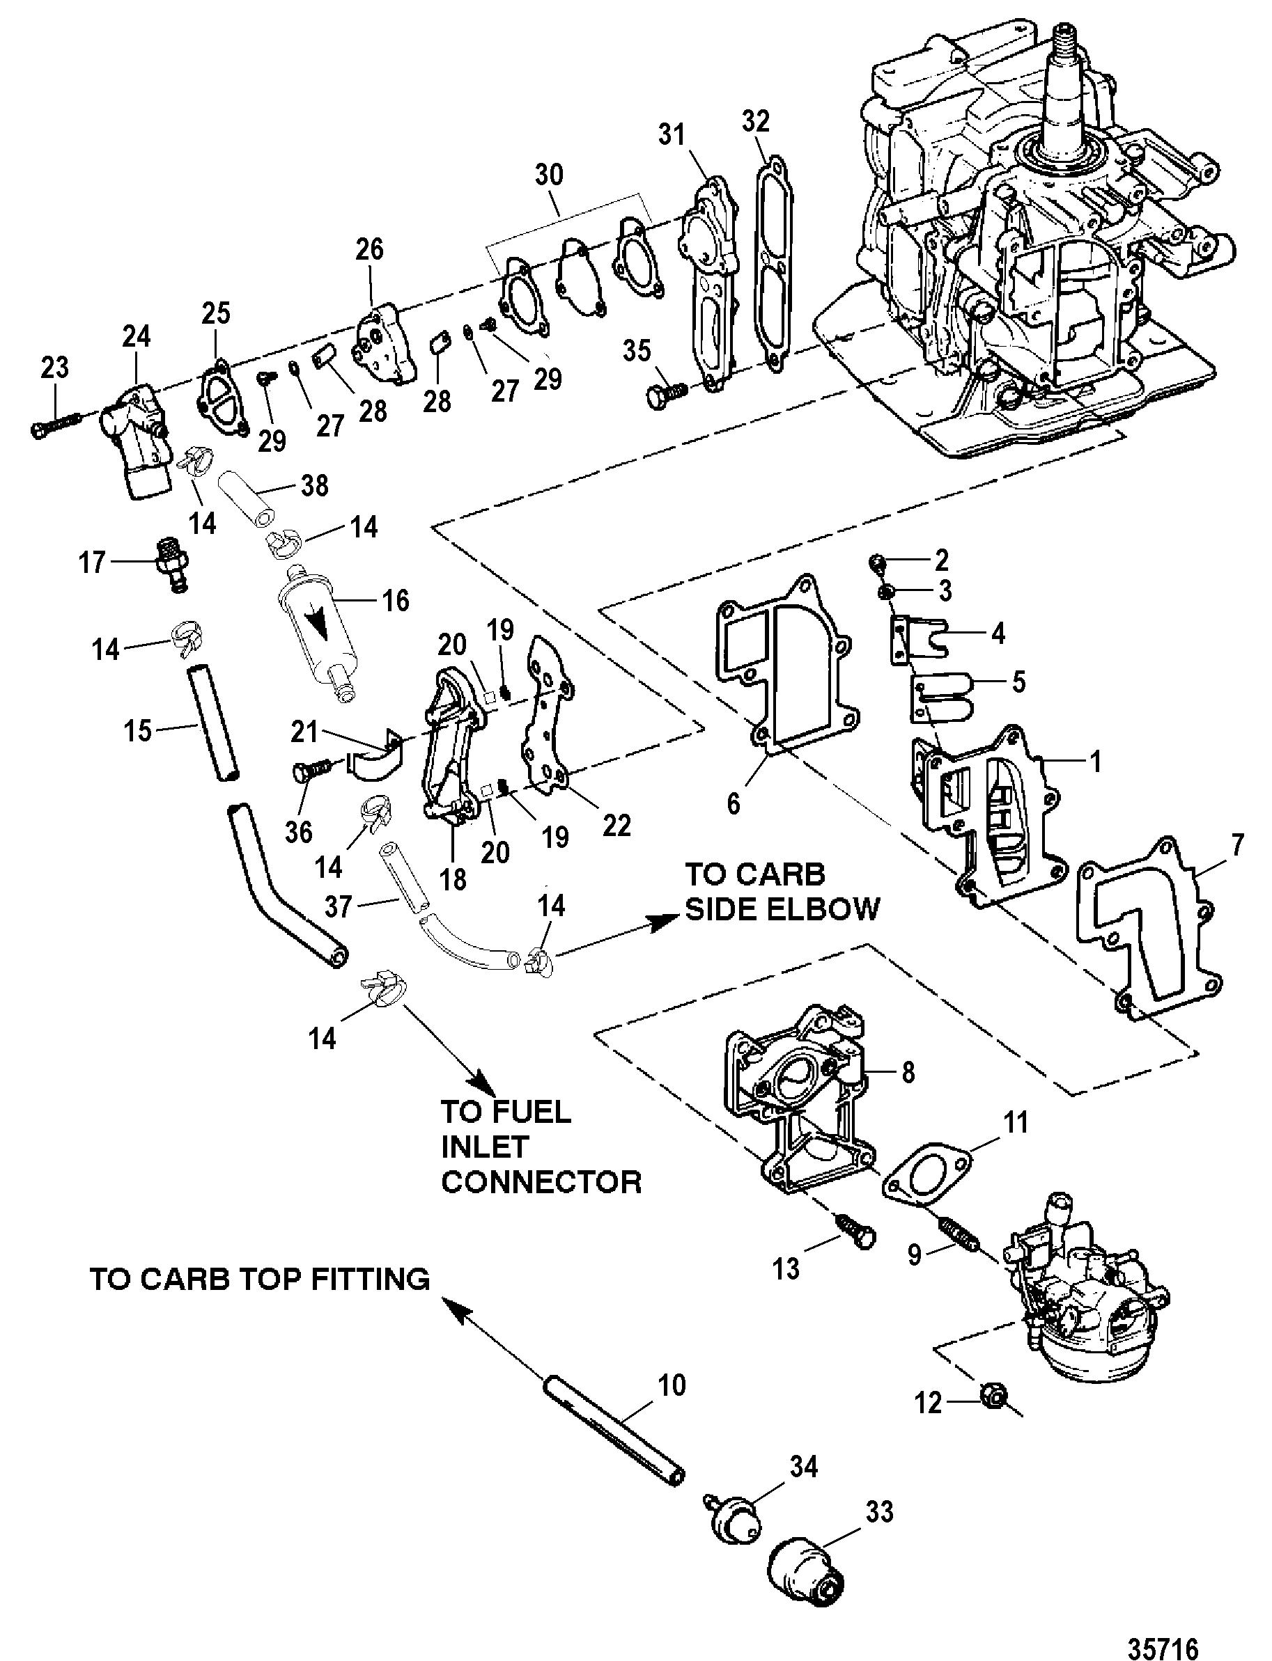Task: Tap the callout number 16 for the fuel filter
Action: [x=394, y=600]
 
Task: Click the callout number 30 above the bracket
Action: [x=549, y=175]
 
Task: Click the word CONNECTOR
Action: [x=541, y=1181]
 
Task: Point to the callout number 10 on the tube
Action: [x=671, y=1385]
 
